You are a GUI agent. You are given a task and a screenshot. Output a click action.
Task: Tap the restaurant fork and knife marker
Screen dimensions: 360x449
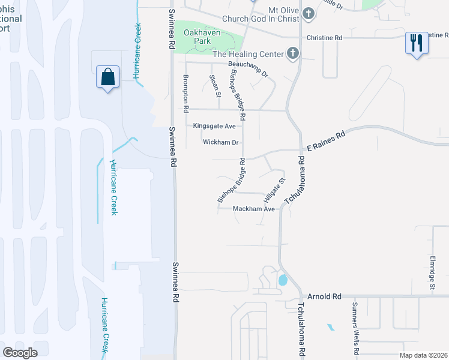(416, 43)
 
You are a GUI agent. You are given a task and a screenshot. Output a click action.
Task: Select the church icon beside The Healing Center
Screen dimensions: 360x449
(292, 54)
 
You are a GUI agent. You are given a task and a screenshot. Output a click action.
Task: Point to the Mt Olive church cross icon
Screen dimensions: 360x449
(308, 13)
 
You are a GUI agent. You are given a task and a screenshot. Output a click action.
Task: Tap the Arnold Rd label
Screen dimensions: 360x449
(324, 296)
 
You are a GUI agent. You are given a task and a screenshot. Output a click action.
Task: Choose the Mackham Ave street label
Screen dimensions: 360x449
(255, 209)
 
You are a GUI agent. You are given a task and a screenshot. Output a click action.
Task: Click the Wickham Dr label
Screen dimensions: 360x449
(221, 143)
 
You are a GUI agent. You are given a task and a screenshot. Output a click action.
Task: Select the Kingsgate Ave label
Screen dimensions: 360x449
(214, 126)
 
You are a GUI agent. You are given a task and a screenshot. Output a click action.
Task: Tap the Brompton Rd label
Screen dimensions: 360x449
(185, 94)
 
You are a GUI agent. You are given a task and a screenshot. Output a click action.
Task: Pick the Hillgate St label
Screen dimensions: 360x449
(274, 190)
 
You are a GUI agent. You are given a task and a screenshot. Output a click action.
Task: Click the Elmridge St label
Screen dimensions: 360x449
(432, 275)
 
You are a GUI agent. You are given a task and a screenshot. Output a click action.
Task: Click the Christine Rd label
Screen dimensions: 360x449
(324, 38)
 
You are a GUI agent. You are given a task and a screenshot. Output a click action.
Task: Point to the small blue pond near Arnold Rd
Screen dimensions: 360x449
(282, 280)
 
